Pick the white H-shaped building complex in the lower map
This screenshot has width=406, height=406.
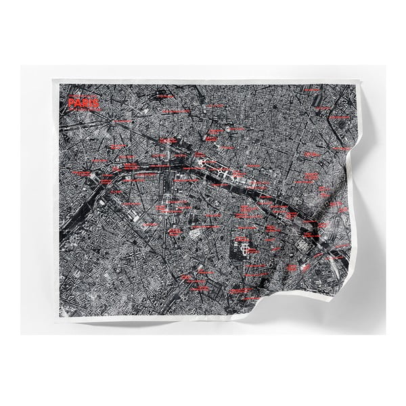241,248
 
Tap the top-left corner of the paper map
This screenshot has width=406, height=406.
53,81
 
